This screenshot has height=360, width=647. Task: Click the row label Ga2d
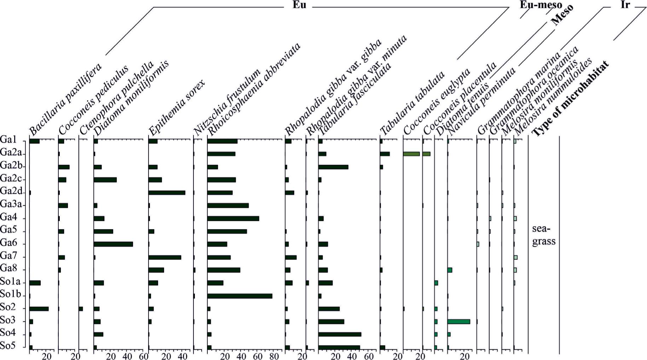11,192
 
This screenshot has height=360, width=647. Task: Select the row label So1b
11,294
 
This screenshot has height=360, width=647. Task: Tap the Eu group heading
299,5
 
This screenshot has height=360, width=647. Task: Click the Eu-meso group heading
541,5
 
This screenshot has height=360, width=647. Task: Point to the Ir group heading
625,5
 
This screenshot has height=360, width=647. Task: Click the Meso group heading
562,15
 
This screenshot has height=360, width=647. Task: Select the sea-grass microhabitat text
543,235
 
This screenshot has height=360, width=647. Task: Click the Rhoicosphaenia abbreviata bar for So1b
239,296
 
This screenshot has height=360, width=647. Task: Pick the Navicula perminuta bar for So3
458,321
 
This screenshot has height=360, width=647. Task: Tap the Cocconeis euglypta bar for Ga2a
411,154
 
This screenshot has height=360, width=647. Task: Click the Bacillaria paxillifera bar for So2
39,309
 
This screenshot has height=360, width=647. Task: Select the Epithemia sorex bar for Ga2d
167,193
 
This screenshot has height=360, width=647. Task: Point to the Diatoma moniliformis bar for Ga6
113,244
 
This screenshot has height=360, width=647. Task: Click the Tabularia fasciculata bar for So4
340,334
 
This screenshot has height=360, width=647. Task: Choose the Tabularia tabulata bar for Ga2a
385,154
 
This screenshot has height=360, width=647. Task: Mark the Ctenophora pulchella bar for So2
81,309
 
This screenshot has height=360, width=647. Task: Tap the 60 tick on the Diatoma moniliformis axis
143,356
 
